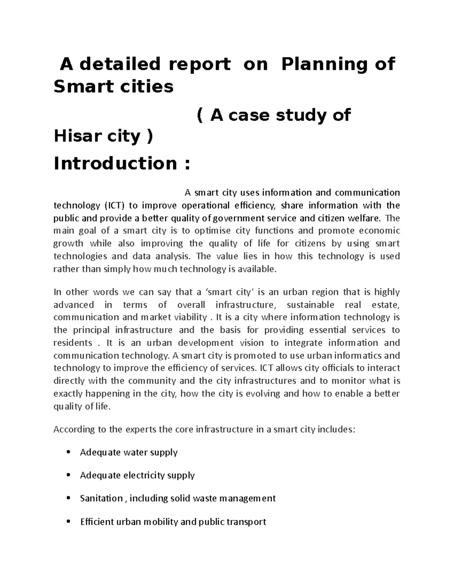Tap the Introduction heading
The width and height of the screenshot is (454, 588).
[x=115, y=164]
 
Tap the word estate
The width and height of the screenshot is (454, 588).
[x=387, y=305]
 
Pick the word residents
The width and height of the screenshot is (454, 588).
[x=73, y=343]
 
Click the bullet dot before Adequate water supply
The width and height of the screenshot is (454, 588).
[x=68, y=452]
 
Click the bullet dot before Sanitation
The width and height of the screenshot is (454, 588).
[x=68, y=499]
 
